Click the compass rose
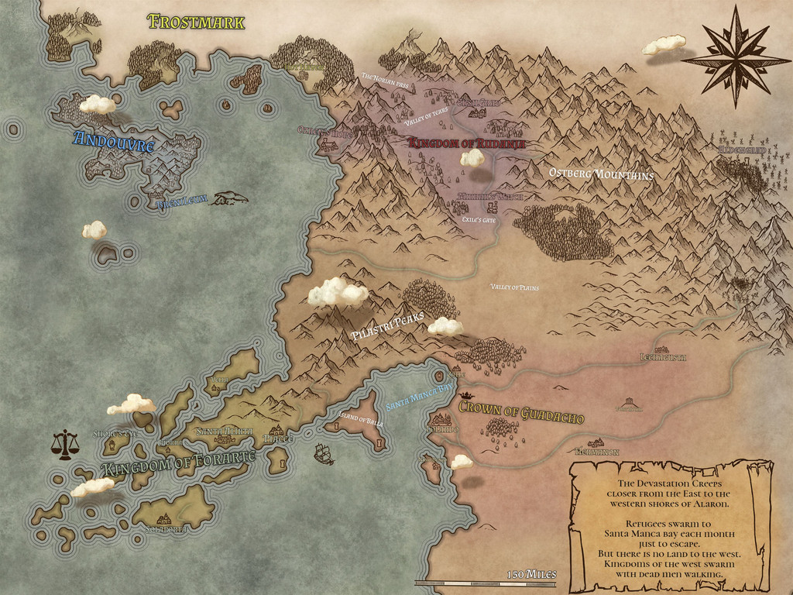tap(735, 56)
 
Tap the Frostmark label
tap(197, 22)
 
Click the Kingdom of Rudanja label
tap(467, 143)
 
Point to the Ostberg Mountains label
tap(601, 174)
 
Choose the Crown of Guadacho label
tap(521, 412)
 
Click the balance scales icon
tap(65, 445)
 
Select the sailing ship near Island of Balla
tap(324, 454)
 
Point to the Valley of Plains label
tap(514, 287)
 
